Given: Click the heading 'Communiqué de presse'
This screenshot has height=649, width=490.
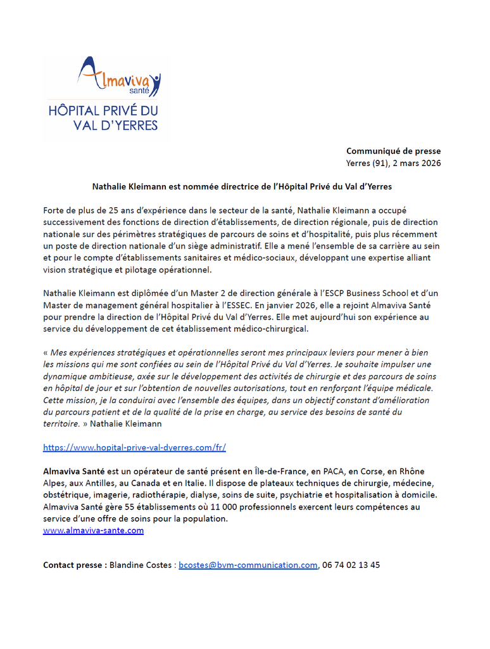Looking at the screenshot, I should tap(393, 151).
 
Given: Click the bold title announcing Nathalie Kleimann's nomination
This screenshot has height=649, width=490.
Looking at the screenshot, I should tap(242, 187).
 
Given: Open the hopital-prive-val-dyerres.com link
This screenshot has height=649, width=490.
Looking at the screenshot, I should tap(134, 447).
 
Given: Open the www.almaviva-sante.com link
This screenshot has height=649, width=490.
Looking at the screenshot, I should tap(93, 530).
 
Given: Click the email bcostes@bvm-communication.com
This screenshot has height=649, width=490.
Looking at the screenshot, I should tap(248, 565).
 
